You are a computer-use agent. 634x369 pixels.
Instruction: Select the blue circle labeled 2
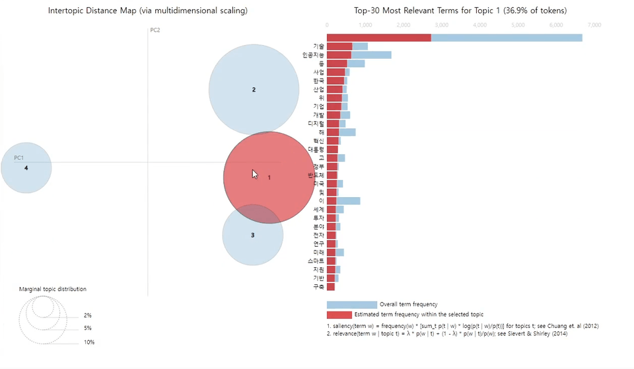254,89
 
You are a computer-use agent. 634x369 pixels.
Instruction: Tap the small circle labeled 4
26,168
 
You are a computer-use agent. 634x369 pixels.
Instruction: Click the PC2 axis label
155,30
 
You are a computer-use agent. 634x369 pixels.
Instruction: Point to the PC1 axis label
19,158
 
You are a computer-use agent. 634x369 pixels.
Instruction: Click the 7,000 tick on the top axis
594,25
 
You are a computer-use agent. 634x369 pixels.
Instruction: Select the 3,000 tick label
441,25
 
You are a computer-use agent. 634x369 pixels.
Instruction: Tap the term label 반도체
316,175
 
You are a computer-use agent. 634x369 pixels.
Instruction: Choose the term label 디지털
316,124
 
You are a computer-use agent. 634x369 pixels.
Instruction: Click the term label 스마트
316,261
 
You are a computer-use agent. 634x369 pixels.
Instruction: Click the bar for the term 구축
331,287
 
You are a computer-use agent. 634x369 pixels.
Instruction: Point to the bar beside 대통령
332,149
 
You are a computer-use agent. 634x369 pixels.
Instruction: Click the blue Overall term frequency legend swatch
351,305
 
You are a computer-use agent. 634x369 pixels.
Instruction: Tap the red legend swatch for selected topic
339,315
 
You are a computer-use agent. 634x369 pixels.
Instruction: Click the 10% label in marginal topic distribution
88,343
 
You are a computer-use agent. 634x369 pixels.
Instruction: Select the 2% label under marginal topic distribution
87,316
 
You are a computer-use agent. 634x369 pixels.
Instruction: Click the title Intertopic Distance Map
147,11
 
